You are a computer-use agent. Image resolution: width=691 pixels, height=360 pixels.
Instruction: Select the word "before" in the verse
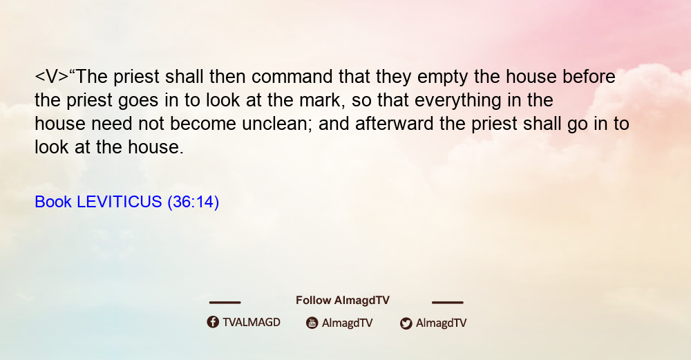[x=589, y=77]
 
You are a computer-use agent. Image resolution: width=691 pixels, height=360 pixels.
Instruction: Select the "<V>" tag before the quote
[x=52, y=77]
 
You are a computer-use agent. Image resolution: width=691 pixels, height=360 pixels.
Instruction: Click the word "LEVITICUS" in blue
[x=120, y=202]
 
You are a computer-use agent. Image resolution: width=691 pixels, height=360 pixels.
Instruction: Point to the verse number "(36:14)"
[x=193, y=202]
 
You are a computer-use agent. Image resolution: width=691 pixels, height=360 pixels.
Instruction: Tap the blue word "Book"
[x=53, y=202]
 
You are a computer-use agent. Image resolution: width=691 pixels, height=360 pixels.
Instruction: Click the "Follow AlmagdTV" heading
[x=343, y=301]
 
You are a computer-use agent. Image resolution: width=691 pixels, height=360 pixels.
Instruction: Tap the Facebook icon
[x=213, y=322]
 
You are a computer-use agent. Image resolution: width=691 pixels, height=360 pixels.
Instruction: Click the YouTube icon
[x=312, y=323]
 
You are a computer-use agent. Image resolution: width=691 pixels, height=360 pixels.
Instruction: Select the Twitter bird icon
[x=406, y=323]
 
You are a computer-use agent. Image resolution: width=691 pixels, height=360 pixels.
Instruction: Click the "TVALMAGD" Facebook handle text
[x=252, y=323]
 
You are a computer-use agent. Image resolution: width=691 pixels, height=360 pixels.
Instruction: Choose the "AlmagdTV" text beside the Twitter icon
[x=441, y=323]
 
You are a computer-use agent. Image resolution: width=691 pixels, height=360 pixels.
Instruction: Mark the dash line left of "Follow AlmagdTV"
[x=225, y=303]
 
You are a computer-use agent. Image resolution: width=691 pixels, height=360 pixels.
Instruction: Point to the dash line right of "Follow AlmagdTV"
[x=448, y=303]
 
